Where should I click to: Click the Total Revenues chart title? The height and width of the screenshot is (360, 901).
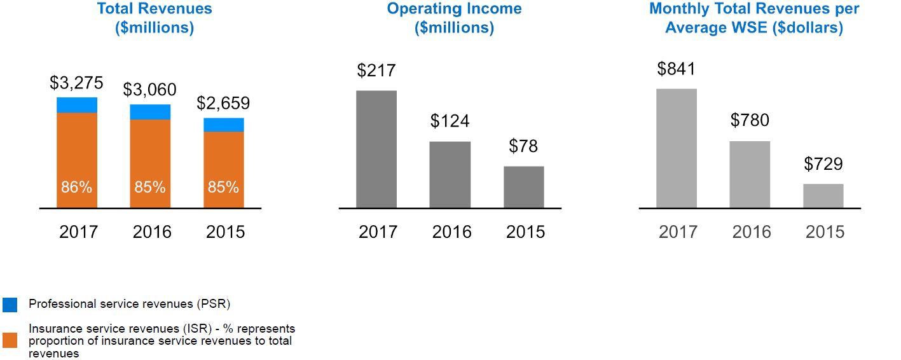click(x=155, y=18)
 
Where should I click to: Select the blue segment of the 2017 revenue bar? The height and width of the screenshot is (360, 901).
click(x=77, y=105)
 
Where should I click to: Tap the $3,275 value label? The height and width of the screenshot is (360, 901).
click(x=77, y=83)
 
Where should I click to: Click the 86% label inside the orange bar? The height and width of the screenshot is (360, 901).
click(x=77, y=188)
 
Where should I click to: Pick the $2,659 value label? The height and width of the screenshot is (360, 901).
click(x=223, y=103)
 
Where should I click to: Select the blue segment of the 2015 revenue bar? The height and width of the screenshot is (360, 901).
click(x=224, y=125)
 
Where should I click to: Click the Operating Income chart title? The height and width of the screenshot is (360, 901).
click(x=454, y=18)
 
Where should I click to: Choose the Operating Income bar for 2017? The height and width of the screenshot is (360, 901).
click(x=376, y=149)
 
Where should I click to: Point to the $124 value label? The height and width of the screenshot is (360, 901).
click(x=450, y=121)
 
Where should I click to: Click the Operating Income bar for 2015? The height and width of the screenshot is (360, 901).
click(x=523, y=186)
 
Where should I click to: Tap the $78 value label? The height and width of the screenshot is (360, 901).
click(x=523, y=146)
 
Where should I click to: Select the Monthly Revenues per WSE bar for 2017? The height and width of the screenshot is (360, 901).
click(x=677, y=148)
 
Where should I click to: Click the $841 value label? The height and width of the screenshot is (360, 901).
click(x=677, y=69)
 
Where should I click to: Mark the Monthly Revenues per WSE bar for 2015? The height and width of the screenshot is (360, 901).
click(x=823, y=195)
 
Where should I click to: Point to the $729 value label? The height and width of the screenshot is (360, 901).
click(x=823, y=164)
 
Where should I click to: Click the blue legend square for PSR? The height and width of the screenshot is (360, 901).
click(x=10, y=305)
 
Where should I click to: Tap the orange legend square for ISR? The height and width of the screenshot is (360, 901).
click(x=10, y=340)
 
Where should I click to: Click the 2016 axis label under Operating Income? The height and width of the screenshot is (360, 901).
click(x=451, y=232)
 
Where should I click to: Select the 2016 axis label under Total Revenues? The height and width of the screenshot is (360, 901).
click(x=152, y=232)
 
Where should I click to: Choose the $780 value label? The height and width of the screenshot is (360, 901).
click(x=750, y=120)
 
